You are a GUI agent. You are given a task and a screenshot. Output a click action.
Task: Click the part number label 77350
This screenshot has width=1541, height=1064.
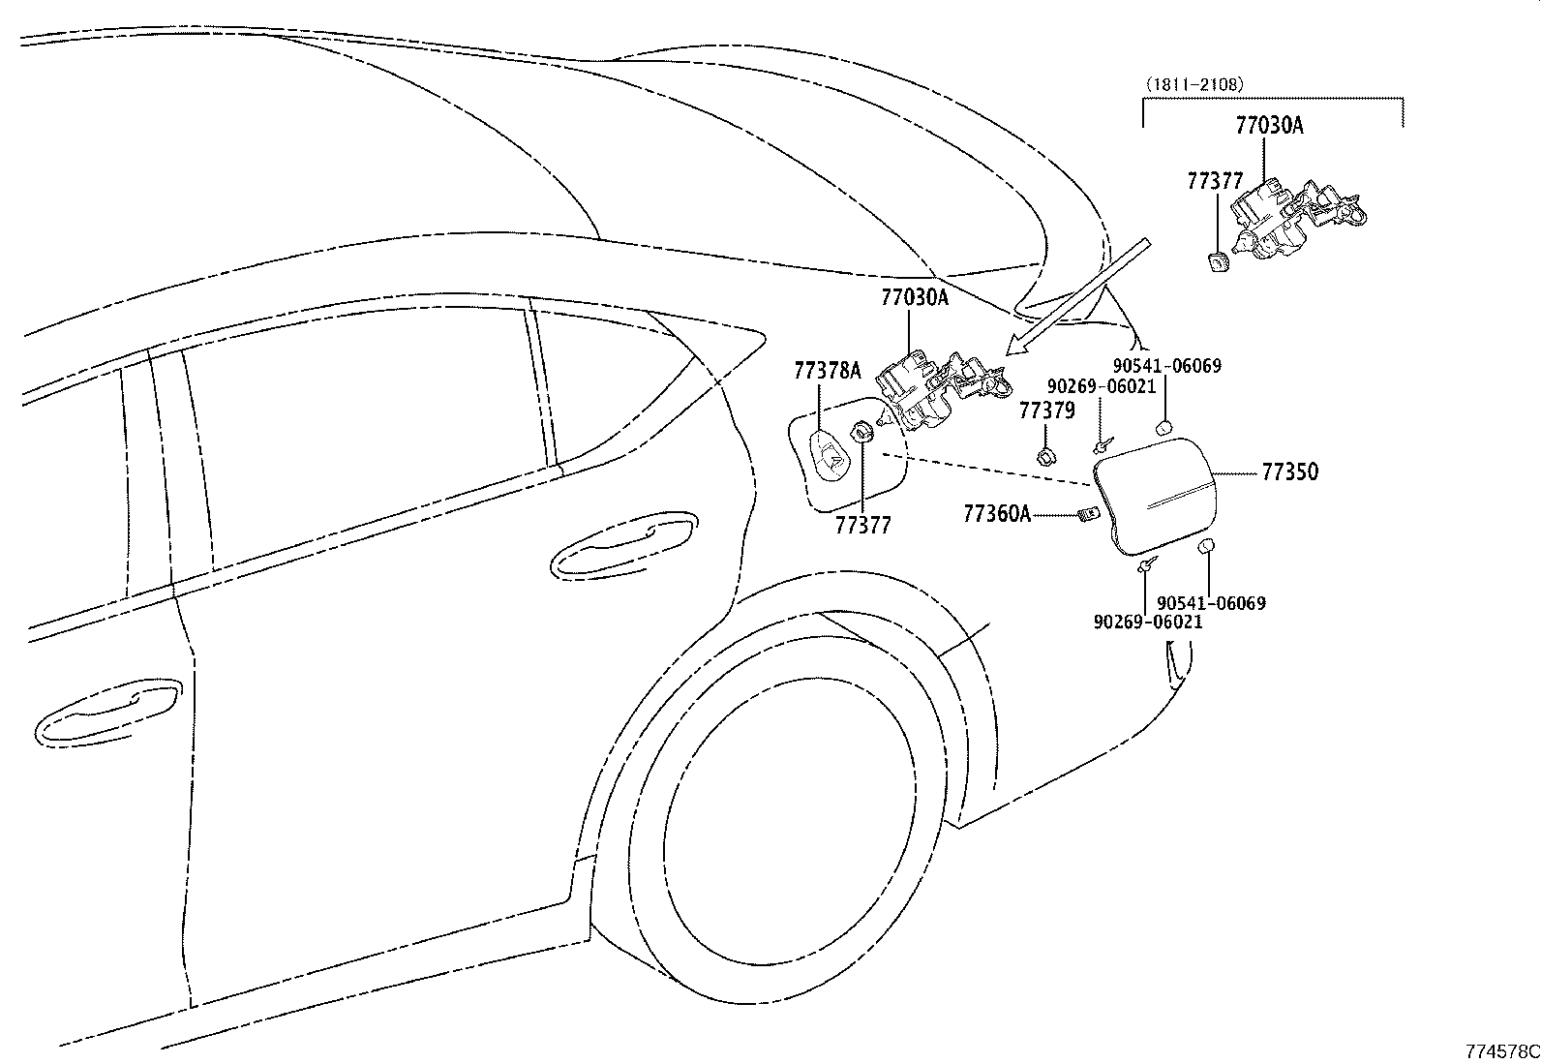point(1290,472)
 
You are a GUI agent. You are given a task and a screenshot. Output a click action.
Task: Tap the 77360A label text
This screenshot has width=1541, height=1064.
point(997,513)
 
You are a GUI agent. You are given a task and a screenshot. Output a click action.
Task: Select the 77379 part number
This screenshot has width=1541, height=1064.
point(1046,410)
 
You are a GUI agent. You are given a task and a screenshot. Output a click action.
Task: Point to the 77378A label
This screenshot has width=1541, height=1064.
point(828,371)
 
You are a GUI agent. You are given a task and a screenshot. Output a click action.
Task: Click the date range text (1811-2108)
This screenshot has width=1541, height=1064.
point(1195,84)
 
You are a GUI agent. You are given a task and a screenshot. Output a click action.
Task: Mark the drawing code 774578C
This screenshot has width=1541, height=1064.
point(1502,1051)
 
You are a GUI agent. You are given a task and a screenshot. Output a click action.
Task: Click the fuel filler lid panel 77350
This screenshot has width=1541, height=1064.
point(1155,497)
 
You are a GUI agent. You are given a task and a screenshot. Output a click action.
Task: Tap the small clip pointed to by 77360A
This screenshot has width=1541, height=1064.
point(1088,514)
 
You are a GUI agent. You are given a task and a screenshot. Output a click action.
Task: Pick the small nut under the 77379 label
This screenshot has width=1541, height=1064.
point(1046,455)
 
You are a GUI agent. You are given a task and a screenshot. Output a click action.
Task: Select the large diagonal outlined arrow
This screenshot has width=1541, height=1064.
point(1077,296)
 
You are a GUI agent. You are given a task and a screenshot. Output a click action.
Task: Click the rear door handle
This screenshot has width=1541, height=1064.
point(624,544)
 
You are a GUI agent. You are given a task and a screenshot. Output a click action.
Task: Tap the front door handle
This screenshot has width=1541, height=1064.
point(108,713)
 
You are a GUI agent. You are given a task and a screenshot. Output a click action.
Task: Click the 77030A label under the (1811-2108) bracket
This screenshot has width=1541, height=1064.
point(1269,125)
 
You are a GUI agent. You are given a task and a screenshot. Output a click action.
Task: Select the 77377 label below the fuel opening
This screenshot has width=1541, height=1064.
point(862,526)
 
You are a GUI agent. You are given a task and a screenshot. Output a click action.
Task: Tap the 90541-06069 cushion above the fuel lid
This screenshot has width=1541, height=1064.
point(1163,428)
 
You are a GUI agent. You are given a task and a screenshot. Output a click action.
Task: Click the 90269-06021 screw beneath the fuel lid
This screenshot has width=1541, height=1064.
point(1146,565)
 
